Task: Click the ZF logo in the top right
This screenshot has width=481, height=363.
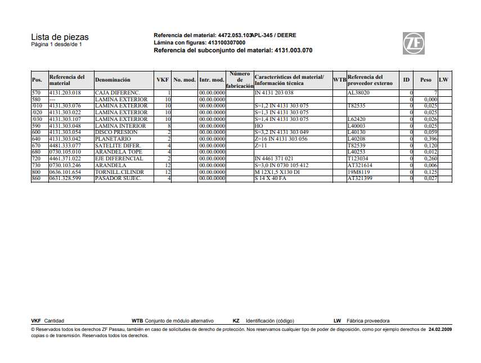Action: pyautogui.click(x=413, y=43)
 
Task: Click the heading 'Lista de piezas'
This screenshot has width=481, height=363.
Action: pyautogui.click(x=60, y=37)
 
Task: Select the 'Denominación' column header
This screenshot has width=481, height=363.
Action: pyautogui.click(x=113, y=80)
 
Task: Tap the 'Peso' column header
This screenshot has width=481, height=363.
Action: pyautogui.click(x=425, y=80)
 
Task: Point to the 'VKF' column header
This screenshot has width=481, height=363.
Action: pyautogui.click(x=163, y=80)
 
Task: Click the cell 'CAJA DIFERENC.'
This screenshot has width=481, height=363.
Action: pyautogui.click(x=117, y=92)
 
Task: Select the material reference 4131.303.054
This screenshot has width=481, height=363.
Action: pyautogui.click(x=65, y=132)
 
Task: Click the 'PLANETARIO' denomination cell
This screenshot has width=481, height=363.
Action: pyautogui.click(x=113, y=139)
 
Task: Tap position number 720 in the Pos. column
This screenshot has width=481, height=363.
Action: pyautogui.click(x=37, y=159)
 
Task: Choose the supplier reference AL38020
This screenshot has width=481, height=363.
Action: pyautogui.click(x=358, y=92)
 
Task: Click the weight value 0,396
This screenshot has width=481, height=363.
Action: pyautogui.click(x=430, y=139)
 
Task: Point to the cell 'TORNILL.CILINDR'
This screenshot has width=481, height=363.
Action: pyautogui.click(x=119, y=172)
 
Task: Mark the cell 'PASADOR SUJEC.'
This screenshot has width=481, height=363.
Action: pyautogui.click(x=118, y=178)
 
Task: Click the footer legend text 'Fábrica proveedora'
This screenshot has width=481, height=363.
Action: pyautogui.click(x=368, y=321)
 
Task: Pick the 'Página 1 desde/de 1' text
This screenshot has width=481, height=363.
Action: pyautogui.click(x=56, y=44)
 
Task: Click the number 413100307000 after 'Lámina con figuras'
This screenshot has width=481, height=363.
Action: pyautogui.click(x=227, y=42)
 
